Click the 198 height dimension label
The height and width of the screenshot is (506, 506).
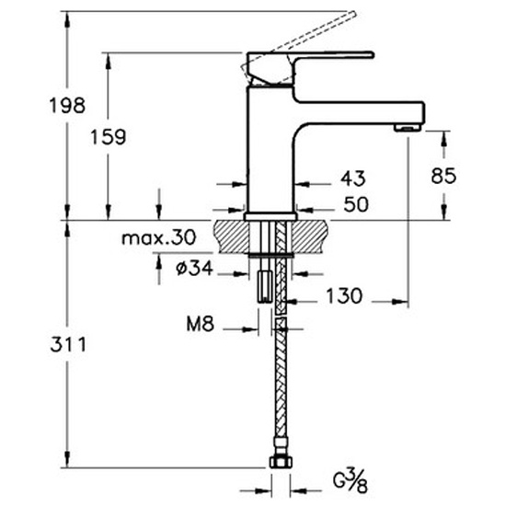tap(67, 106)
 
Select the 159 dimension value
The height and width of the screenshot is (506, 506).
tap(109, 136)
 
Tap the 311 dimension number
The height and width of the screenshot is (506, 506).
tap(68, 344)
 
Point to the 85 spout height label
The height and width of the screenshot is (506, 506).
tap(443, 176)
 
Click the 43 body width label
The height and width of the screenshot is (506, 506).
tap(353, 178)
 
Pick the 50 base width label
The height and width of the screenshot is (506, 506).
tap(356, 204)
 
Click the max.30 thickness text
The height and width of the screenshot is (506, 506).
tap(159, 238)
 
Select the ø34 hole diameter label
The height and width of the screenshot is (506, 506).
tap(195, 268)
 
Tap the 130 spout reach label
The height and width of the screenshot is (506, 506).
tap(344, 295)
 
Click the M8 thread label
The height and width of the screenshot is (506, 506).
tap(200, 324)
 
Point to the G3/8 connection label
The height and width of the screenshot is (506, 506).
tap(351, 481)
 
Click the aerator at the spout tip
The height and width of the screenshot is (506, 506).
tap(408, 128)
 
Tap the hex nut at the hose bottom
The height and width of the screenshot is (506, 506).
tap(281, 462)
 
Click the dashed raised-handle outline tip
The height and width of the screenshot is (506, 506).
tap(353, 14)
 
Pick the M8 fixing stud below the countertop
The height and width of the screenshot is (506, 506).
tap(265, 286)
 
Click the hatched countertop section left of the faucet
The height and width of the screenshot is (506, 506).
tap(231, 236)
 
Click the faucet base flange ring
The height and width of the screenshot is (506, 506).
tap(270, 216)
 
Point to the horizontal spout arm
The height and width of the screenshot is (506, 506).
tap(358, 113)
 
